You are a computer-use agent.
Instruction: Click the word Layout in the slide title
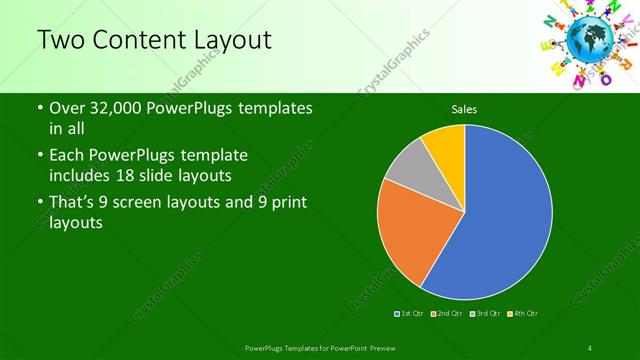(229, 40)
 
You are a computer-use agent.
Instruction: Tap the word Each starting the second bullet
(67, 157)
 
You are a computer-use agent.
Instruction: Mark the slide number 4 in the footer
(591, 347)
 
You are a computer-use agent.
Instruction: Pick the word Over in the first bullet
(68, 108)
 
